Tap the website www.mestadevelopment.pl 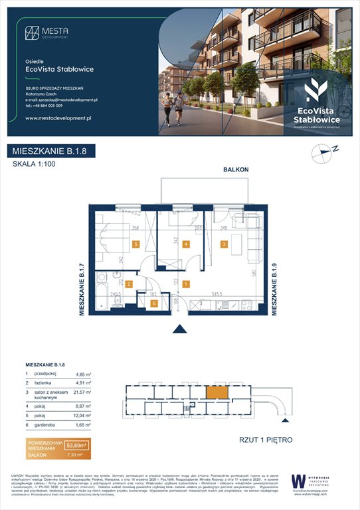pyautogui.click(x=58, y=118)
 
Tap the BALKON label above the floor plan pyautogui.click(x=236, y=170)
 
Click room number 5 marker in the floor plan pyautogui.click(x=135, y=244)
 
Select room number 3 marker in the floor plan pyautogui.click(x=225, y=244)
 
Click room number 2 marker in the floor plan pyautogui.click(x=130, y=284)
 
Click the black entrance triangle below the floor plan pyautogui.click(x=179, y=329)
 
